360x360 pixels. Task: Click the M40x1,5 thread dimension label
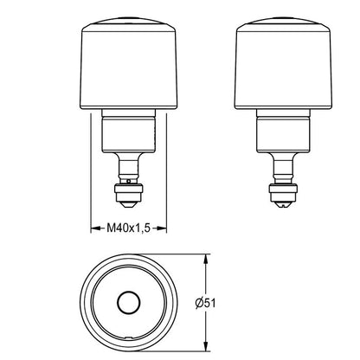point(129,228)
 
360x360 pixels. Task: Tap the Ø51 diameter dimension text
point(205,303)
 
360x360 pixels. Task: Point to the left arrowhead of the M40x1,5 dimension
point(95,228)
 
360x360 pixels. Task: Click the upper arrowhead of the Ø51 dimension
point(205,259)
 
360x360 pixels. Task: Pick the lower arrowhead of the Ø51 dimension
point(205,347)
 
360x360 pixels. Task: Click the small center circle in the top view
point(129,303)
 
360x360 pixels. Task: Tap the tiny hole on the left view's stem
point(129,181)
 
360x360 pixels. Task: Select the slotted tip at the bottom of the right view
point(284,204)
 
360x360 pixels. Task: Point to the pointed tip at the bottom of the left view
point(129,204)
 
